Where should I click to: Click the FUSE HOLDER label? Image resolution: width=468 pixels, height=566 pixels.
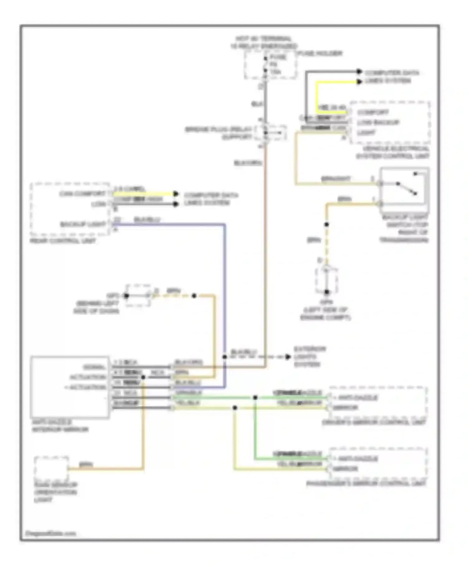(320, 54)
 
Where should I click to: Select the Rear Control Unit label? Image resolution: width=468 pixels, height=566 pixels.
(63, 241)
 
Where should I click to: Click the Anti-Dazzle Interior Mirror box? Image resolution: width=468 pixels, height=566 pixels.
(70, 387)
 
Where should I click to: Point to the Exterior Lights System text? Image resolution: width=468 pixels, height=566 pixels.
(310, 357)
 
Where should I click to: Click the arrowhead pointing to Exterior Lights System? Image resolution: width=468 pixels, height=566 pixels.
(288, 357)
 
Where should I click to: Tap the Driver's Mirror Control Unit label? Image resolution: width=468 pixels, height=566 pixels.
(374, 422)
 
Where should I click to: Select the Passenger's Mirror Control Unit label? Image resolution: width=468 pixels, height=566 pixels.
(366, 484)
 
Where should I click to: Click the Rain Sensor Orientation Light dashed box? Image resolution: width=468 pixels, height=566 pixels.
(51, 469)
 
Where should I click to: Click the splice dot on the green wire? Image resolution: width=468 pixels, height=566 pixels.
(255, 398)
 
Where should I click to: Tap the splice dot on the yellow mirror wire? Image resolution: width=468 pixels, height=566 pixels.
(235, 408)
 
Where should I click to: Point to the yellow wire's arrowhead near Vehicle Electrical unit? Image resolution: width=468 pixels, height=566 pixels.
(359, 82)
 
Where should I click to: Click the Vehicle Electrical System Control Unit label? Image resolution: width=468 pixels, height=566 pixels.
(393, 152)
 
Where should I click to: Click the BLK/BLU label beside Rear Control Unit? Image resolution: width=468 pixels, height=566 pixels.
(147, 220)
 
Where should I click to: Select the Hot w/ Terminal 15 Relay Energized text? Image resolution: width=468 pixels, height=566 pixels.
(264, 42)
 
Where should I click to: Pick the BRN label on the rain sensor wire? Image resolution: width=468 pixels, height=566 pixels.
(86, 465)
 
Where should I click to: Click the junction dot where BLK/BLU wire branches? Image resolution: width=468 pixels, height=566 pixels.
(225, 357)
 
